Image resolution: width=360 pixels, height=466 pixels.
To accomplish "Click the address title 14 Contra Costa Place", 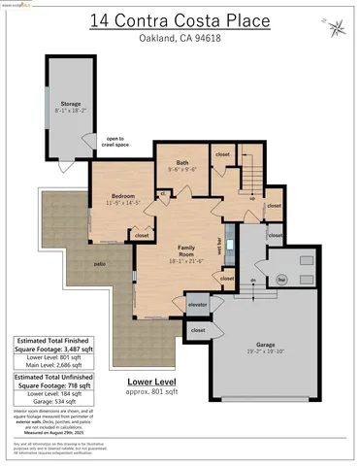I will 180,19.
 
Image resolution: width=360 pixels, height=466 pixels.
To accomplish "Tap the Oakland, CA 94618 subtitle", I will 180,38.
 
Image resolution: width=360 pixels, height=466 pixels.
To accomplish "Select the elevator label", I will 198,306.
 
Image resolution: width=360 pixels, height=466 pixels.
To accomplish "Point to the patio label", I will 72,263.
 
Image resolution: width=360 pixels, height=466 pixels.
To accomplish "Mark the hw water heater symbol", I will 281,281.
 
